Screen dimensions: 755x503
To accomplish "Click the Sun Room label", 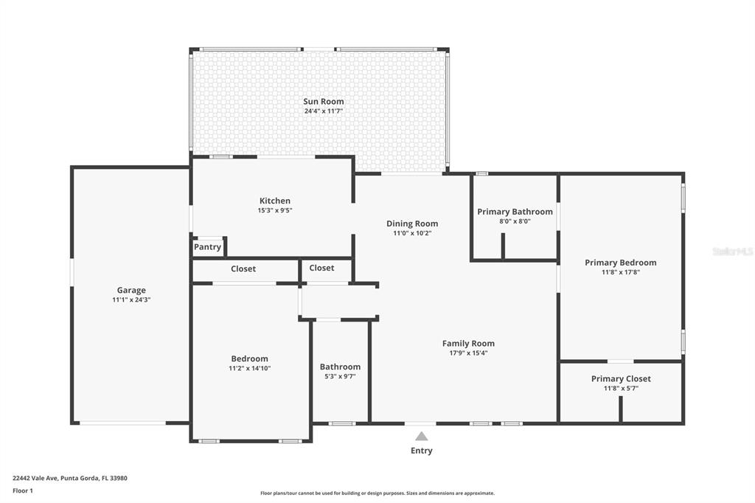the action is (x=324, y=101).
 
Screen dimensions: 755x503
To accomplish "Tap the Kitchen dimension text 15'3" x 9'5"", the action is (x=275, y=210).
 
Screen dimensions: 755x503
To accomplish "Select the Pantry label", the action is (x=207, y=247).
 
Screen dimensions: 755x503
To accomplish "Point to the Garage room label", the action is (x=131, y=290).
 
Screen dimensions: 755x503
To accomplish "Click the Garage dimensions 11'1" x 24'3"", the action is (x=131, y=299).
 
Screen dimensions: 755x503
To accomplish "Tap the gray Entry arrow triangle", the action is (x=422, y=436).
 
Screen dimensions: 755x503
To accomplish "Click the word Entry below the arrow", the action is (x=421, y=451).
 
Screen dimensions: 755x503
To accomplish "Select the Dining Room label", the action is (x=412, y=223).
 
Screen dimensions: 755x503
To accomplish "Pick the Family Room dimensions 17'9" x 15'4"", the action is (x=468, y=353).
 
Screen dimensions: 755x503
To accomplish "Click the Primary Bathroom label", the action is (x=515, y=212).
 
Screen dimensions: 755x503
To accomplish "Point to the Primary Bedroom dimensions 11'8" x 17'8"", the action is (x=621, y=272).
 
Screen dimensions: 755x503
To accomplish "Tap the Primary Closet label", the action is (x=621, y=378).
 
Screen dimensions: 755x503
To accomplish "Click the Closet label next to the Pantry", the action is (x=243, y=269).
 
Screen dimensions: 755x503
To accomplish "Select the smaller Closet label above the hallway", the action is (x=321, y=268).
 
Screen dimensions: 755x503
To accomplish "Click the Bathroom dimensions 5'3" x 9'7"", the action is (x=340, y=377).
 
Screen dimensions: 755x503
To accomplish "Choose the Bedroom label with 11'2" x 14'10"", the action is (x=249, y=359).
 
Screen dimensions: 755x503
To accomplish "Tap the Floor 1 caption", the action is (x=23, y=491).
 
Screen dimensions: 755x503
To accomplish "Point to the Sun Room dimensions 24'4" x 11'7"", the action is (x=324, y=111).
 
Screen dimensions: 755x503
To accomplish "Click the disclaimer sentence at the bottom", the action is (x=377, y=493).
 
